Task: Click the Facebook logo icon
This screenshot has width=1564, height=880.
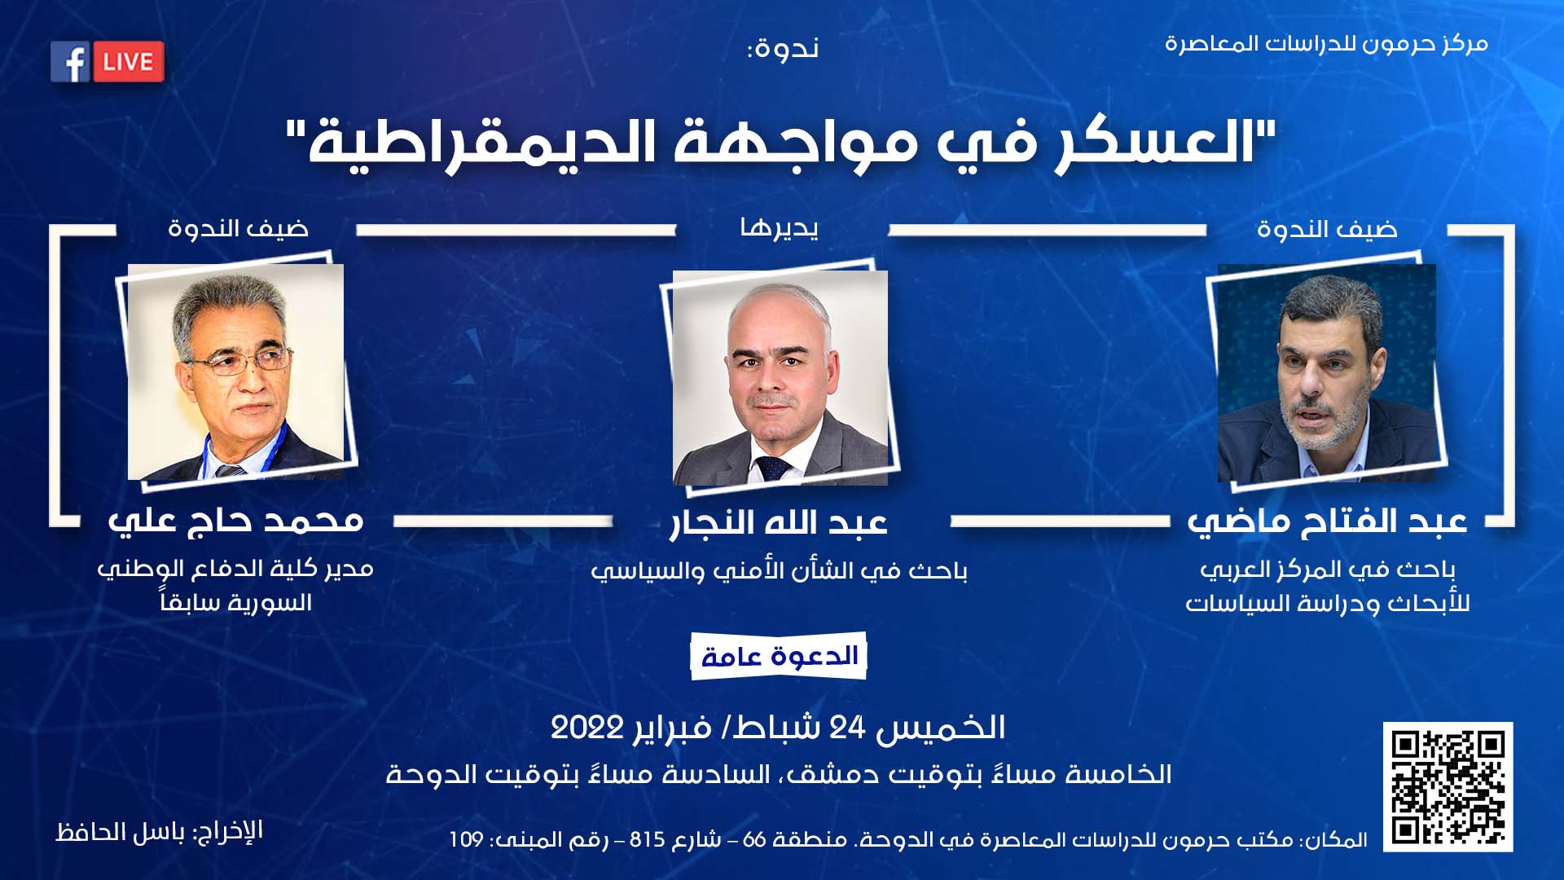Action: [70, 62]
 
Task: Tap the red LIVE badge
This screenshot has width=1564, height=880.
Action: [129, 62]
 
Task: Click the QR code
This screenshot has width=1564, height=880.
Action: [1448, 787]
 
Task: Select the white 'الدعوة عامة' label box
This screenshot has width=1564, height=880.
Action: [779, 656]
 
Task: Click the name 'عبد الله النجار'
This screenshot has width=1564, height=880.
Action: [779, 522]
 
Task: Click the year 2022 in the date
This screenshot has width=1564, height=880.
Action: [587, 728]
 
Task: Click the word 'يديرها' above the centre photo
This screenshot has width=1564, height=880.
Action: [780, 229]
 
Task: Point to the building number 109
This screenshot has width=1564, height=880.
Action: [467, 839]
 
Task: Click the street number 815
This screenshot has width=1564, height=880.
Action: [648, 839]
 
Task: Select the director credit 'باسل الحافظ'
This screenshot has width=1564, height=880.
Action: [121, 832]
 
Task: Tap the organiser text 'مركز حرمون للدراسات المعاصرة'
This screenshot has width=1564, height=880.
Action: [1326, 44]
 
